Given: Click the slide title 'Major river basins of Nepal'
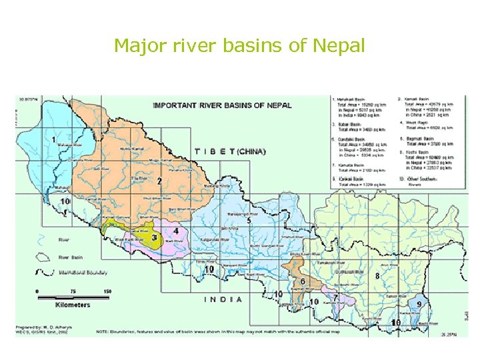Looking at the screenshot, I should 239,46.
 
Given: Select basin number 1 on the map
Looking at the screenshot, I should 53,140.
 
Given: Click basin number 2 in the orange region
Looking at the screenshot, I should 159,181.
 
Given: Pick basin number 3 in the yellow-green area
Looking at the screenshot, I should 155,237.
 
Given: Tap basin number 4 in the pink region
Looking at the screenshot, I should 176,231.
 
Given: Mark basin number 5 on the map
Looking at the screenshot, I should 249,221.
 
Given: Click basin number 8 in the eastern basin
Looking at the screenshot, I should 377,275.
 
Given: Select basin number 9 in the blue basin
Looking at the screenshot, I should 419,304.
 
